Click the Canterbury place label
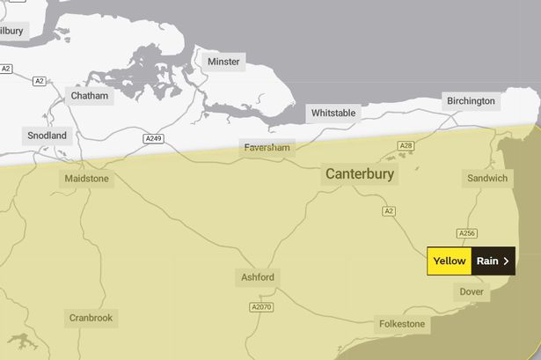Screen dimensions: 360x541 click(x=361, y=174)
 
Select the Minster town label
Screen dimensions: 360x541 click(x=223, y=62)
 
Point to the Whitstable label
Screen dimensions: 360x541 click(x=333, y=114)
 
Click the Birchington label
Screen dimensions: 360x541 click(x=471, y=101)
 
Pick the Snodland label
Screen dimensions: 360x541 click(x=47, y=136)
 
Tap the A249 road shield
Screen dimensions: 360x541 click(x=154, y=139)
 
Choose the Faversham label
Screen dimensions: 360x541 click(x=267, y=148)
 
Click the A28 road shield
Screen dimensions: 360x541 click(x=405, y=146)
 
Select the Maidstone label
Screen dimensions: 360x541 click(x=86, y=179)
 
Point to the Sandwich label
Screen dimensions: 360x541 click(x=487, y=179)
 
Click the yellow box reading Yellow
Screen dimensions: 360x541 click(x=449, y=261)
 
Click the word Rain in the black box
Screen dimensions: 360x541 click(x=486, y=261)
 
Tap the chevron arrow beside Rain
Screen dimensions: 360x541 click(x=506, y=261)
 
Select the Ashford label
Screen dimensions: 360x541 click(x=258, y=278)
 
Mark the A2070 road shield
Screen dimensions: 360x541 click(x=262, y=307)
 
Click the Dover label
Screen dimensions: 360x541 click(x=472, y=291)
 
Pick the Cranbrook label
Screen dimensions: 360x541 click(x=91, y=318)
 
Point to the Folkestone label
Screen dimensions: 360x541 click(x=401, y=324)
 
